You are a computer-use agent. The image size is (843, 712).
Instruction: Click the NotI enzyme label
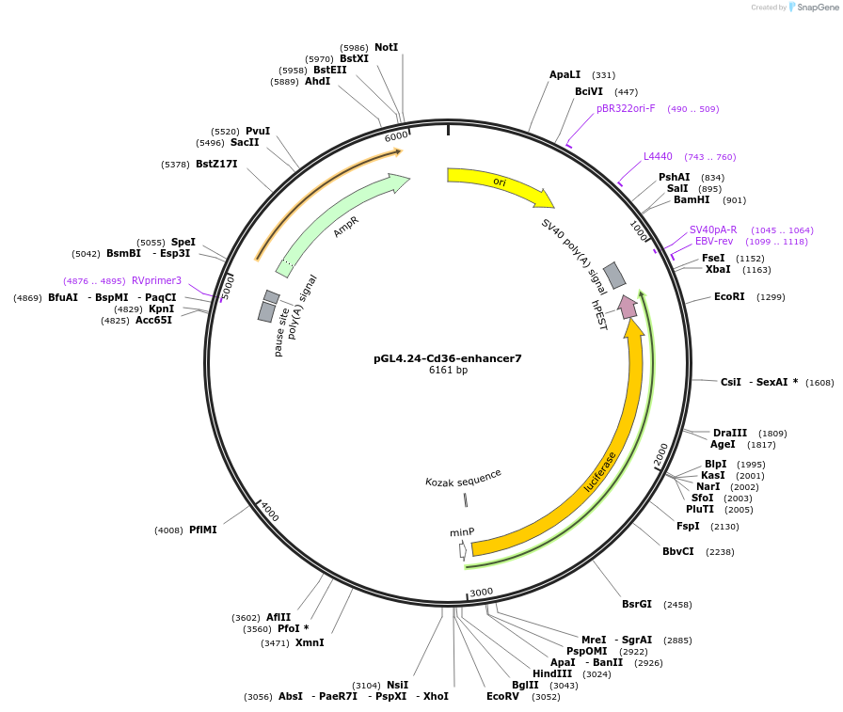386,47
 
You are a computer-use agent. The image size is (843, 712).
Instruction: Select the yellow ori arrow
499,183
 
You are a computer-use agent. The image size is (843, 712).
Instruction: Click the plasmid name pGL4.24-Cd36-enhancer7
447,358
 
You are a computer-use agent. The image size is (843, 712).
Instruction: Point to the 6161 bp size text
448,371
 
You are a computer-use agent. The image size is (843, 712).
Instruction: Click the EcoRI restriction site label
729,296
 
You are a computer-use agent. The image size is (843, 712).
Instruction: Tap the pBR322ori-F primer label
626,108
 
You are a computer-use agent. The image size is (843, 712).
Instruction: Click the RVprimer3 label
156,280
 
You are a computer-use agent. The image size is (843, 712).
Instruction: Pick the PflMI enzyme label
202,530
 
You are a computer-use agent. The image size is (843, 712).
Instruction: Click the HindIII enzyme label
551,673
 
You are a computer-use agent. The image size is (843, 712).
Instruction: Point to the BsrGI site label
637,604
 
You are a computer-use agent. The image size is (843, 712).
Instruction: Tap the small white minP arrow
463,551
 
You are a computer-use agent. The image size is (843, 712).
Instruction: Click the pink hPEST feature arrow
628,306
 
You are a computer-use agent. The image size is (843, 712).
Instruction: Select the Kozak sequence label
463,478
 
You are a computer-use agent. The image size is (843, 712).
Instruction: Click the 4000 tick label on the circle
270,512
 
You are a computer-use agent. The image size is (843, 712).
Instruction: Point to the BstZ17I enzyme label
216,164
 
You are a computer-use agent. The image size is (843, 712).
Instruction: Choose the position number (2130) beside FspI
724,527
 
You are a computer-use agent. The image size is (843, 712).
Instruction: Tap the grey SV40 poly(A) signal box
614,275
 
